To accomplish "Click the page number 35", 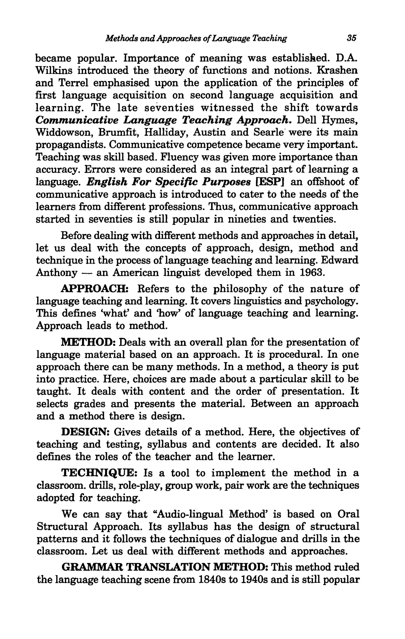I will tap(351, 38).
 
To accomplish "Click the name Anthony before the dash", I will tap(57, 273).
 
